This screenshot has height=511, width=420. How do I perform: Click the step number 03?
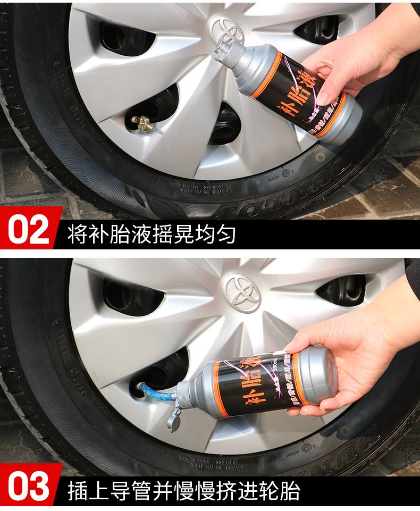tap(30, 489)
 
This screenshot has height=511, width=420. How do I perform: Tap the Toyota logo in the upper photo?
tap(226, 29)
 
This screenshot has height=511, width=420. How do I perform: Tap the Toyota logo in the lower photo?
tap(241, 292)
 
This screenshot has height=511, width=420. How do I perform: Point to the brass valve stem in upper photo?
tap(143, 124)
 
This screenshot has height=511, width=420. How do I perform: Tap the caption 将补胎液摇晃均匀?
tap(152, 234)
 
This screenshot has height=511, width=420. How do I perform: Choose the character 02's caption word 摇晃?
tap(184, 234)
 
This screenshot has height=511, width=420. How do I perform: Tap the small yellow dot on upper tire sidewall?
tap(320, 157)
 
